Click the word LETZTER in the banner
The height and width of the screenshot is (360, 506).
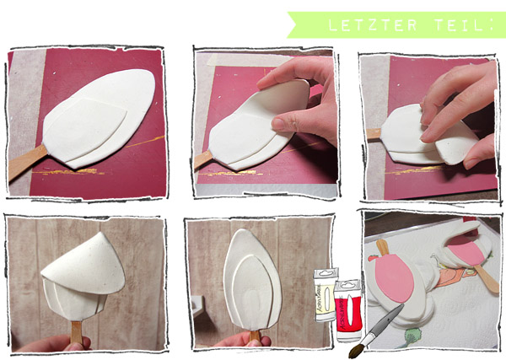[373, 25]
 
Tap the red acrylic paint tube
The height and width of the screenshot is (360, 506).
[347, 310]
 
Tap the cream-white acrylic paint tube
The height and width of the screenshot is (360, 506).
[326, 294]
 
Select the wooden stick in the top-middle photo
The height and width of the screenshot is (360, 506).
[203, 159]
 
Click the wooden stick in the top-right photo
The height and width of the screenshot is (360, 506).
[374, 134]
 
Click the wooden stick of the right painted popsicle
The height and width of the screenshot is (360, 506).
[487, 278]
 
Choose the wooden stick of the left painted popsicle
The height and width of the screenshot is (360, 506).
[382, 247]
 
